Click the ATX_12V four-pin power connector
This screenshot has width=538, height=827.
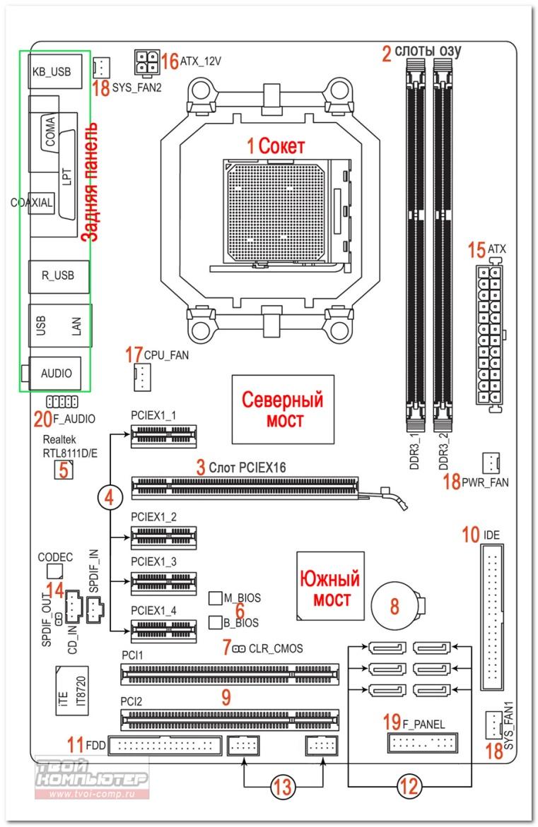point(146,63)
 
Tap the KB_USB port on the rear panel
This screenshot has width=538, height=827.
point(56,71)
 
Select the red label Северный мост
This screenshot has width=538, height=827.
point(283,410)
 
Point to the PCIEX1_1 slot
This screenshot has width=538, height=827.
point(163,439)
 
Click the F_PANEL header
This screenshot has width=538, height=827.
point(421,743)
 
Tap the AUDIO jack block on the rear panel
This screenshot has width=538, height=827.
point(56,373)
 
